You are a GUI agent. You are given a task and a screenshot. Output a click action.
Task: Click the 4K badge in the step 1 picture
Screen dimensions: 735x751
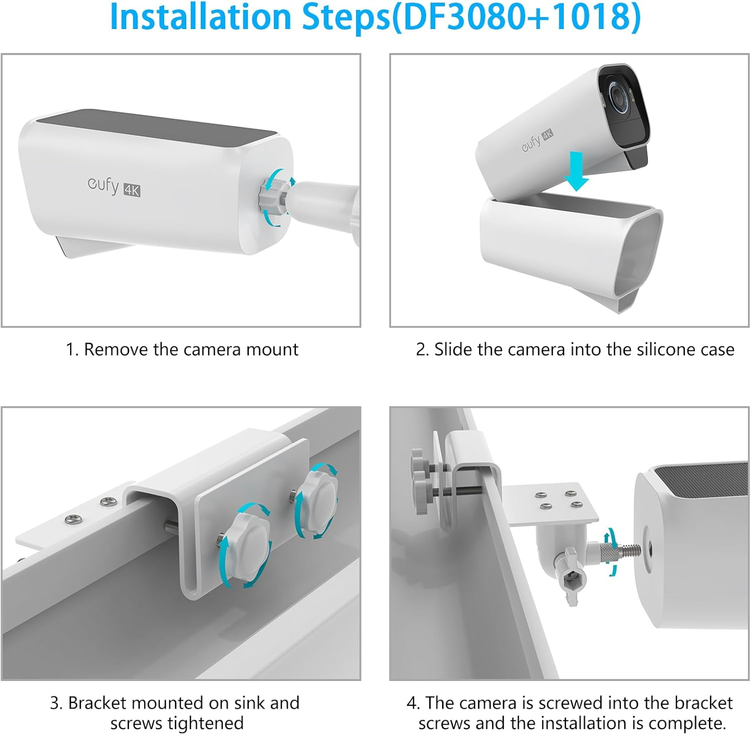click(x=132, y=190)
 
